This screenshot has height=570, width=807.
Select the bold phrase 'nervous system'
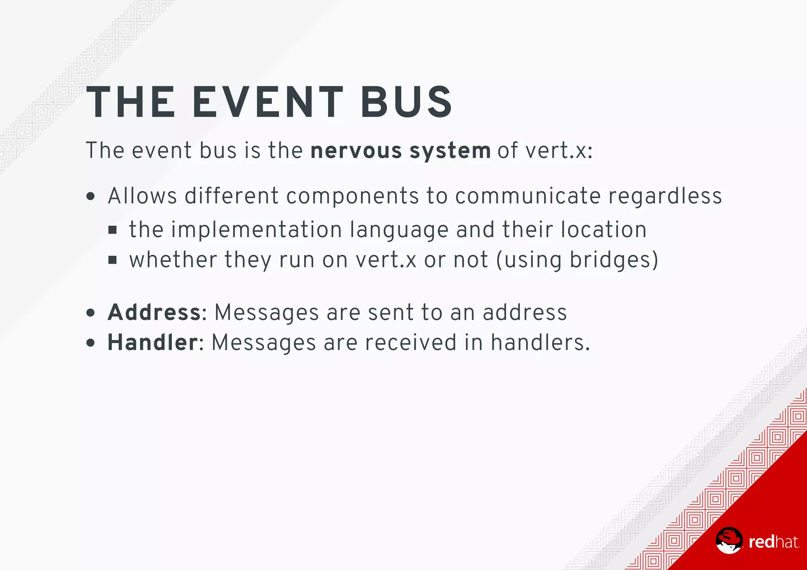click(400, 151)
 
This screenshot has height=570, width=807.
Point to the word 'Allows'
click(142, 196)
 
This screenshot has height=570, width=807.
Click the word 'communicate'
click(528, 196)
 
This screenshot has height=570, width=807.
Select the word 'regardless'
click(665, 196)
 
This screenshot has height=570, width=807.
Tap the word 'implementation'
click(256, 230)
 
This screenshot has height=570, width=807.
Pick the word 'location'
click(604, 230)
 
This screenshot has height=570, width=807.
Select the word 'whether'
click(173, 260)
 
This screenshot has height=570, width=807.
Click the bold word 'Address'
click(154, 312)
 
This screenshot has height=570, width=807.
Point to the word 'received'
click(411, 342)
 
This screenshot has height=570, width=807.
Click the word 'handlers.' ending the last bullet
click(540, 342)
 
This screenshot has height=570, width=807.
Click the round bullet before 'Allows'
click(91, 196)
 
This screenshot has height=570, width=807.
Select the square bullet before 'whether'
click(113, 260)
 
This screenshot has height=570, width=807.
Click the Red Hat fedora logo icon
click(729, 540)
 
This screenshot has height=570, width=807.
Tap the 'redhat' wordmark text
click(774, 542)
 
